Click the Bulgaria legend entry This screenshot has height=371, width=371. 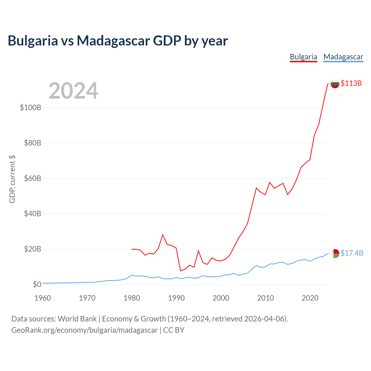coord(303,57)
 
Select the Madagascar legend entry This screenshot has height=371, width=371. coord(343,57)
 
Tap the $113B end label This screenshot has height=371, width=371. coord(351,83)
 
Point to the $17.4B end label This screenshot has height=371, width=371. coord(352,253)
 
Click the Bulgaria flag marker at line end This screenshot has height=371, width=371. coord(335,84)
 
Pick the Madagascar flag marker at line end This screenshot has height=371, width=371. coord(335,254)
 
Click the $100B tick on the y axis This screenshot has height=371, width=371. coord(31,108)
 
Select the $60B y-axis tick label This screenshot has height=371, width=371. coord(32,178)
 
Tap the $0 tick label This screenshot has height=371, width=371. coord(37,284)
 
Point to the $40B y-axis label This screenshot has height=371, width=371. coord(32,214)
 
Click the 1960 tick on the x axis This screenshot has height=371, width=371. coord(43,298)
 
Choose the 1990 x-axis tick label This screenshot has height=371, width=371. coord(176,298)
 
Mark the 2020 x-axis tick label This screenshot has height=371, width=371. coord(310,298)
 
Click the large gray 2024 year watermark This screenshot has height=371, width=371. coord(73,90)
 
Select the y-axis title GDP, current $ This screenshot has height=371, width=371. coord(12,179)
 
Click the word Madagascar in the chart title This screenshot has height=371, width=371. coord(113,41)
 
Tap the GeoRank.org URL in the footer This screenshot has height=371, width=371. coord(85,330)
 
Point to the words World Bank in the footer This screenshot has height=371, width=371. coord(77,319)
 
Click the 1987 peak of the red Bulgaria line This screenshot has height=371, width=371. coord(163,234)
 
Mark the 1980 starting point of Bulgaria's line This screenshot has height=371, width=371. coord(132,249)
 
